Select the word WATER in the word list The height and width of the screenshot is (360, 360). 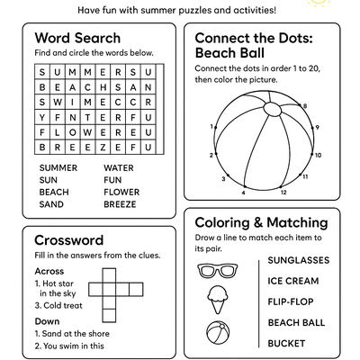(119, 167)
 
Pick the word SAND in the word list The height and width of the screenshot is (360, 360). (51, 204)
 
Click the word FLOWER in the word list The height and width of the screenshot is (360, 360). (121, 192)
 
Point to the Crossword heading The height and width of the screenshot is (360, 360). (68, 240)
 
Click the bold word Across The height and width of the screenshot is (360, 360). (49, 271)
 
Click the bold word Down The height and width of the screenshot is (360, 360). (47, 320)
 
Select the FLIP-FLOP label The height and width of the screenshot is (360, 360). (291, 301)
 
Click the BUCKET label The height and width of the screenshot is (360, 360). (286, 343)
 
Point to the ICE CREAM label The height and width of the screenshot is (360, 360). (291, 281)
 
